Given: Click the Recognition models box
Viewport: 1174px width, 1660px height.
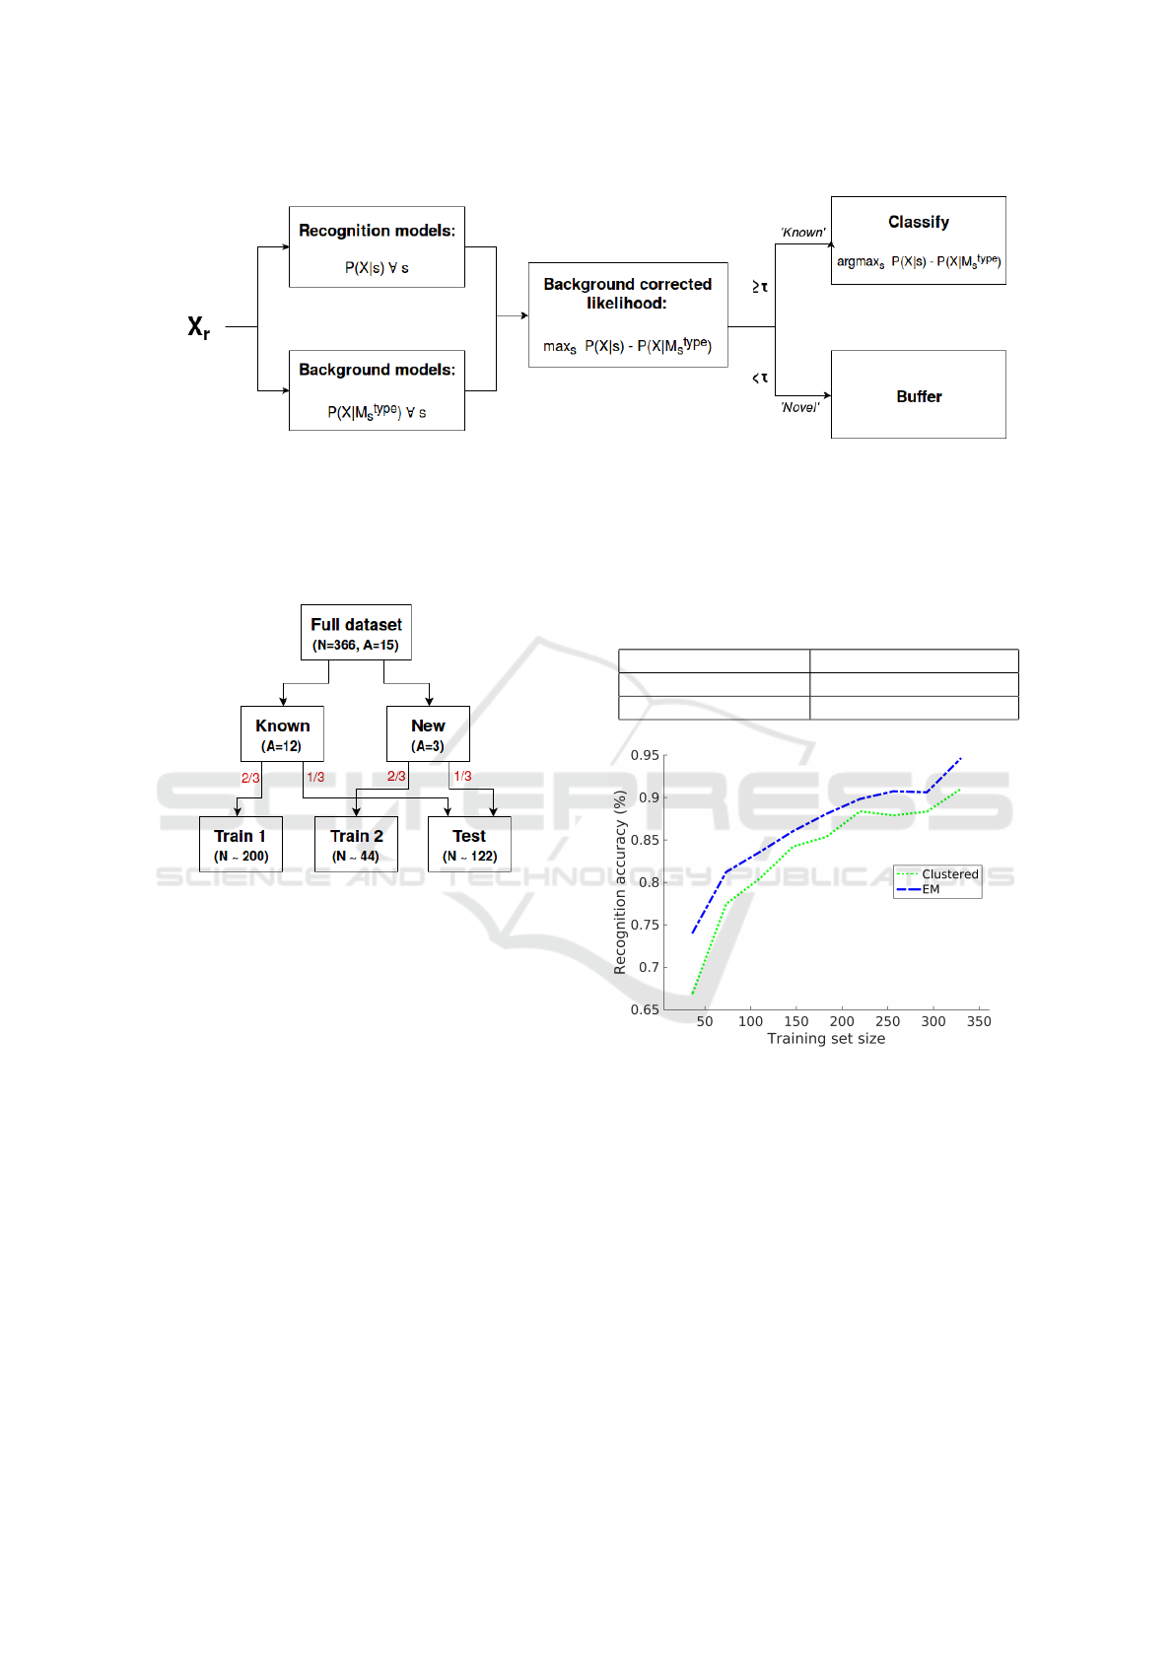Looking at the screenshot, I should pyautogui.click(x=377, y=246).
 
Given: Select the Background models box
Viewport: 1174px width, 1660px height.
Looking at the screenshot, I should pyautogui.click(x=377, y=390).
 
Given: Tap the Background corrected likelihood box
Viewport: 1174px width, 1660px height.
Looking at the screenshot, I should pyautogui.click(x=628, y=314).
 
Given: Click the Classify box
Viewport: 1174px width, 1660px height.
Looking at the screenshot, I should pyautogui.click(x=918, y=241).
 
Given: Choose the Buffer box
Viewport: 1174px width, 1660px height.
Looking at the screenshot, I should pyautogui.click(x=918, y=394).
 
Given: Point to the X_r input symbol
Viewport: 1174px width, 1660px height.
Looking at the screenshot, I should pyautogui.click(x=198, y=326).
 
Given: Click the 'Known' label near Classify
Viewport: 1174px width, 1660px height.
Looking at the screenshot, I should pyautogui.click(x=802, y=233).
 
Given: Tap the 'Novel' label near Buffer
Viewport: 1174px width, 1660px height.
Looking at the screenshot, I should pyautogui.click(x=799, y=407).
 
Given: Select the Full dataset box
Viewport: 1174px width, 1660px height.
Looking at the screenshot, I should pyautogui.click(x=356, y=633).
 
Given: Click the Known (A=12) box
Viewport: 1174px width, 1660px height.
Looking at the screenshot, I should pyautogui.click(x=282, y=734).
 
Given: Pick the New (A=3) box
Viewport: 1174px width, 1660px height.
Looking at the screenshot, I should pyautogui.click(x=428, y=734).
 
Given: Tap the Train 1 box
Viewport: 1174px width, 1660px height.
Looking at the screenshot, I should pyautogui.click(x=241, y=845).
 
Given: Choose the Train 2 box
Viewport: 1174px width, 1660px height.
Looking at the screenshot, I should pyautogui.click(x=356, y=845).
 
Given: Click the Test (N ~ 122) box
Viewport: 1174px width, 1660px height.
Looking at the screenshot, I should pyautogui.click(x=469, y=845).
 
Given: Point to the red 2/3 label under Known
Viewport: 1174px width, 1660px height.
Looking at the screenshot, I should pyautogui.click(x=250, y=778).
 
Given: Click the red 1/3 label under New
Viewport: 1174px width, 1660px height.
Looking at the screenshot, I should pyautogui.click(x=462, y=777).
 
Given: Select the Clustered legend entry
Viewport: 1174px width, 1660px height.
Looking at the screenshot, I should pyautogui.click(x=949, y=874).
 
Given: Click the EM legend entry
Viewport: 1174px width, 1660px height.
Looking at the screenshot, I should pyautogui.click(x=931, y=889).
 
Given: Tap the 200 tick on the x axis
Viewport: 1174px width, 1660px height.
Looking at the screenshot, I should pyautogui.click(x=842, y=1021).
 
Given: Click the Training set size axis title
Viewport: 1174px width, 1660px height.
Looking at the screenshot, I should pyautogui.click(x=826, y=1038).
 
